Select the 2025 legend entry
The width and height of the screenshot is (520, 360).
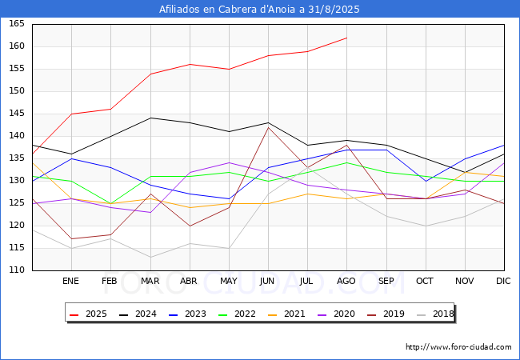(x=89, y=314)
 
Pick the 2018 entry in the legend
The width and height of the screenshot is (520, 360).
(x=435, y=314)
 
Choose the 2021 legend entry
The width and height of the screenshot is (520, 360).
(x=286, y=314)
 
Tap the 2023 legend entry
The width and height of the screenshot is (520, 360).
(x=187, y=314)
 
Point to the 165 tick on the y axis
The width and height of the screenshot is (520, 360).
(x=17, y=24)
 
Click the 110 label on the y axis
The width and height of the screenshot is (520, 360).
(x=17, y=270)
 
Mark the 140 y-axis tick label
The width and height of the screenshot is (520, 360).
(x=17, y=136)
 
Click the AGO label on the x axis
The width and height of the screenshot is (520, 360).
(x=346, y=281)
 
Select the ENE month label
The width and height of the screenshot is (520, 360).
(x=71, y=281)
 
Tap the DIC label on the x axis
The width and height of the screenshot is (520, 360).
(x=503, y=281)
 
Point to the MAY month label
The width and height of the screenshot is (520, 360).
(x=229, y=281)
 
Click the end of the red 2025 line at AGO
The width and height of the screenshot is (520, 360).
(x=347, y=38)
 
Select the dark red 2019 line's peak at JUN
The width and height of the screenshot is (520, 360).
(x=268, y=127)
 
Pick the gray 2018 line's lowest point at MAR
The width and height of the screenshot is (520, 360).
(x=150, y=258)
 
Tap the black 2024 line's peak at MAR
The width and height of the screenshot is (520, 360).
(x=150, y=118)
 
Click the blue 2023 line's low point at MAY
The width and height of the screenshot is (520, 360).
(x=229, y=199)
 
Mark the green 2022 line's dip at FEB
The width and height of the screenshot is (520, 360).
(x=110, y=203)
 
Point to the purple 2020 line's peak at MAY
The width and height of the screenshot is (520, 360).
(x=229, y=162)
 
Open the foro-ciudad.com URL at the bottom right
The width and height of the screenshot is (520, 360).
(x=458, y=347)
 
